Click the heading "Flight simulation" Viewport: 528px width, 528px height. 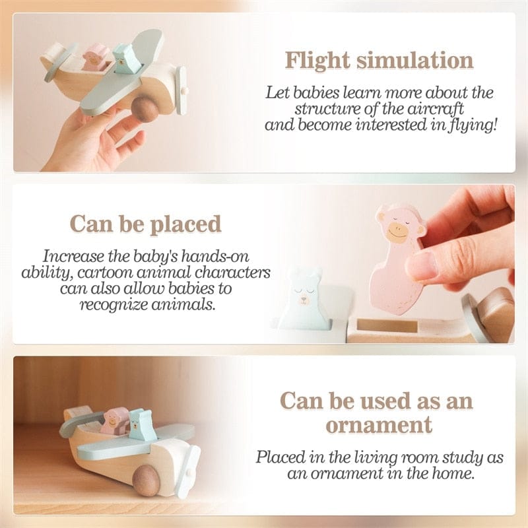point(379,60)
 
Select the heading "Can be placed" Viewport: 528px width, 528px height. point(146,224)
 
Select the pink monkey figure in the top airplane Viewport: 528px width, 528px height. point(97,57)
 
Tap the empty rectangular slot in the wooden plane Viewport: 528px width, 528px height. point(387,325)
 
